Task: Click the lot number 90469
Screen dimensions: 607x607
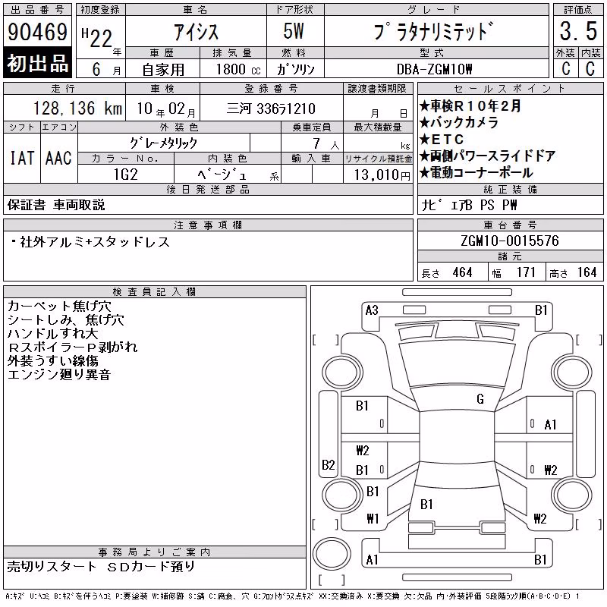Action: [x=37, y=32]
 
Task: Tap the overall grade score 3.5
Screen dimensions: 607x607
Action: [x=578, y=31]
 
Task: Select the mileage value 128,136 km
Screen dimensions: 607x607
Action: [x=77, y=108]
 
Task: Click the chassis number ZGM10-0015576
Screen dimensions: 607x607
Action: [x=510, y=241]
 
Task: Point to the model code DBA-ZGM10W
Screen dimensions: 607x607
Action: [x=434, y=69]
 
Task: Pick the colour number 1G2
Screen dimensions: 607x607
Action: [x=125, y=175]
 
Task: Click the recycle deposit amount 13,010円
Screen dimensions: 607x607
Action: [x=382, y=175]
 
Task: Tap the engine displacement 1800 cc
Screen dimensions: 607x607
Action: [x=238, y=69]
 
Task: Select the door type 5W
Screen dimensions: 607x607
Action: [x=294, y=31]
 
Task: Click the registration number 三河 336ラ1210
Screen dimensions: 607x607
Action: [x=271, y=109]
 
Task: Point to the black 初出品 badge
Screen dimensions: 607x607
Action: [x=37, y=62]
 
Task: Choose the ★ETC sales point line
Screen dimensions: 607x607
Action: [x=442, y=139]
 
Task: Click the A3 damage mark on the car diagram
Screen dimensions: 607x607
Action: [x=372, y=310]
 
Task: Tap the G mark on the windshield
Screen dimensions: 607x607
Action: [x=480, y=399]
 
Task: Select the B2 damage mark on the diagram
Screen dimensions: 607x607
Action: [x=329, y=464]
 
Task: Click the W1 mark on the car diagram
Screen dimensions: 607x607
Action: [x=373, y=518]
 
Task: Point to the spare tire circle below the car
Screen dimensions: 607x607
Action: [x=332, y=553]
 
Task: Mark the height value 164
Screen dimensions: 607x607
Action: [x=587, y=272]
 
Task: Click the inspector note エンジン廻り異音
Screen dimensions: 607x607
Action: [x=59, y=375]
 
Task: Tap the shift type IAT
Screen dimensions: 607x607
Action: [x=22, y=158]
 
